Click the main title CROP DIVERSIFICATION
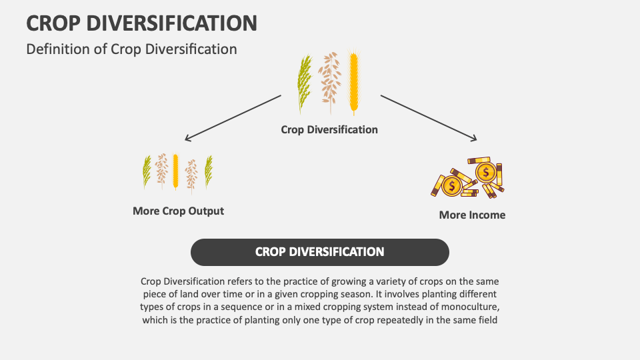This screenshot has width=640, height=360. click(x=141, y=23)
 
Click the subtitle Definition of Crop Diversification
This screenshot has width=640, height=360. click(x=131, y=49)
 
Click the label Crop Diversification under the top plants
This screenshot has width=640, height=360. click(x=329, y=129)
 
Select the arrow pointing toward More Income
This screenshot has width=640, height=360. click(x=429, y=118)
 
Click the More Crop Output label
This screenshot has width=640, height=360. click(x=178, y=211)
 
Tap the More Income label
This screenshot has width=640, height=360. click(x=472, y=215)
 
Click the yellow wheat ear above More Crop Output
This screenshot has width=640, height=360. click(x=175, y=171)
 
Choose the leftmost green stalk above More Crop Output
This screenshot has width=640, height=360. click(x=147, y=171)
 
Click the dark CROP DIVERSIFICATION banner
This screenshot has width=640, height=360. click(x=320, y=252)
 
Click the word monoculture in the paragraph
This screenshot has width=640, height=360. click(x=470, y=307)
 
